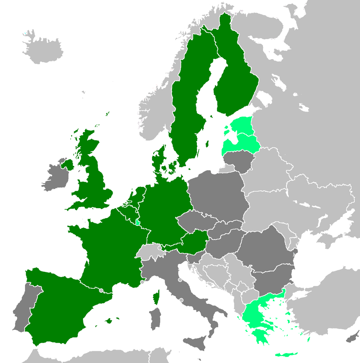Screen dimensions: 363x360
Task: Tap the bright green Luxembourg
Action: (138, 221)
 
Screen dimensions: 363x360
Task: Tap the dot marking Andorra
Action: (101, 290)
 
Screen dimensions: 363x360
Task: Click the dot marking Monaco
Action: (142, 282)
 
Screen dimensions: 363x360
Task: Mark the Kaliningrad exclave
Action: (228, 168)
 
